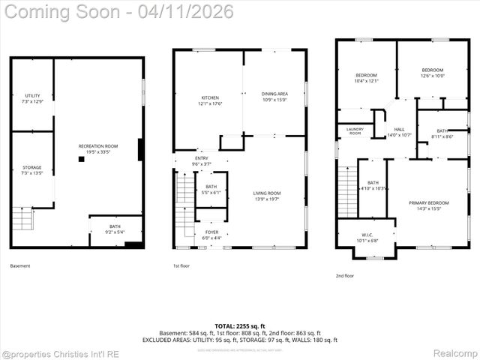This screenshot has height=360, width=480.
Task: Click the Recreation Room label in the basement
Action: (98, 148)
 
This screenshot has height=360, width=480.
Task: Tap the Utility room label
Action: (32, 98)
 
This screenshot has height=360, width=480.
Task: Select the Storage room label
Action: (32, 170)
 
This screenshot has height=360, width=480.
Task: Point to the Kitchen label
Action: (209, 100)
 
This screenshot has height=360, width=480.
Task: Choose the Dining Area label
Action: (274, 97)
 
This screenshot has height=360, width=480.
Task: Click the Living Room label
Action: (266, 196)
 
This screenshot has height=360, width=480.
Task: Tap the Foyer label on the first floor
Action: (211, 235)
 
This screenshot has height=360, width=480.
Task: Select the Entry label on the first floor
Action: (202, 161)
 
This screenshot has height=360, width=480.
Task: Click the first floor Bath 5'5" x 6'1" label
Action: (211, 189)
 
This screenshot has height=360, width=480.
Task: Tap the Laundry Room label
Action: (355, 131)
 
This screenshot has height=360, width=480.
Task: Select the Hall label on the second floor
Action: (399, 133)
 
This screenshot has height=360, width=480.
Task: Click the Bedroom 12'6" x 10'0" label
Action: (433, 73)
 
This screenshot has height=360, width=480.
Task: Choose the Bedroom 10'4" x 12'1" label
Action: (367, 78)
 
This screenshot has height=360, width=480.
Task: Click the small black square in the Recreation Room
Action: (81, 159)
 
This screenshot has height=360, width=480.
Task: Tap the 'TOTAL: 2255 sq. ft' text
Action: (239, 326)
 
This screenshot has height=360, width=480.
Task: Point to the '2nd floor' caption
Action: (345, 275)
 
